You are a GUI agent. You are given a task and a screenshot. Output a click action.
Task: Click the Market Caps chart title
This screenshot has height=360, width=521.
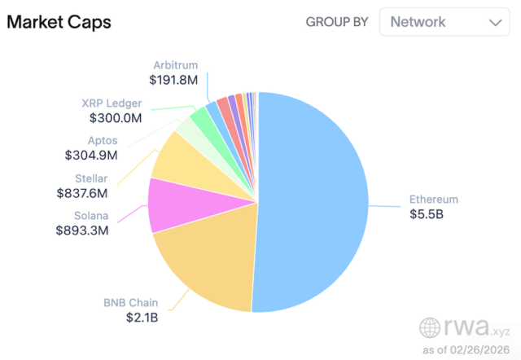(x=59, y=22)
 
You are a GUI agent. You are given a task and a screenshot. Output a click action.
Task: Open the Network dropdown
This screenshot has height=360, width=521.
(x=444, y=22)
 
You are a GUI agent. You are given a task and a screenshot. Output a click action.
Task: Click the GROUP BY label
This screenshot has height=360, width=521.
(x=337, y=22)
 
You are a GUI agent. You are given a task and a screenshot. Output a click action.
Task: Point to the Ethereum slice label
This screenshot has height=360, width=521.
(x=433, y=200)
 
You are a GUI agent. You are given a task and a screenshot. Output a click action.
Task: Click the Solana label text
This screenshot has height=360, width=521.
(x=86, y=215)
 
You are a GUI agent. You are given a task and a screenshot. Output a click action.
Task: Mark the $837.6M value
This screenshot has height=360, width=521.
(x=83, y=193)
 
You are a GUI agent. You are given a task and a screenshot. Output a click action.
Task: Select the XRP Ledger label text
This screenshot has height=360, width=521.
(x=112, y=103)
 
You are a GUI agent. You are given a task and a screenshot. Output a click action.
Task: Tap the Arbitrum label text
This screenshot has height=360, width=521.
(x=175, y=65)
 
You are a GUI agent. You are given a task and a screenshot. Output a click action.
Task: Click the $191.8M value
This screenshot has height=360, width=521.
(x=173, y=80)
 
